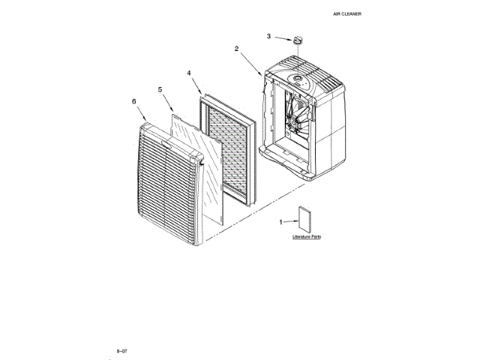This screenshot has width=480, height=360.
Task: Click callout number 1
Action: (x=281, y=223)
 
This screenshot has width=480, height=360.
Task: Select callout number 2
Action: (x=237, y=49)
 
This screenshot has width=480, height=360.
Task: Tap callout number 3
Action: (x=269, y=35)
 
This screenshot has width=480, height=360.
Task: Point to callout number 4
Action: (x=189, y=73)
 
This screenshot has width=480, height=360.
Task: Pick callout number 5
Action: (x=160, y=89)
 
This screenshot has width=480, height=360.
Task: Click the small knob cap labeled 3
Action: (x=297, y=37)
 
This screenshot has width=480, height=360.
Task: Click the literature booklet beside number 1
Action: (x=306, y=220)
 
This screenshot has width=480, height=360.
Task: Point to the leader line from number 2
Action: (x=250, y=62)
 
